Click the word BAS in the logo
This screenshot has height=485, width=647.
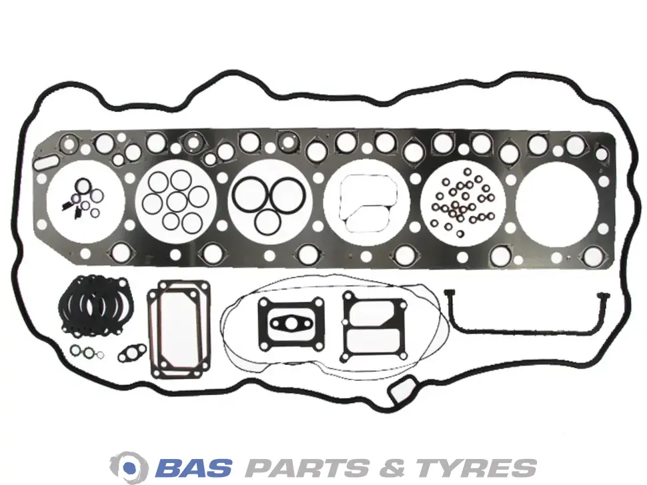click(x=194, y=468)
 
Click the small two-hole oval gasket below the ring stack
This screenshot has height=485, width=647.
click(x=132, y=353)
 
